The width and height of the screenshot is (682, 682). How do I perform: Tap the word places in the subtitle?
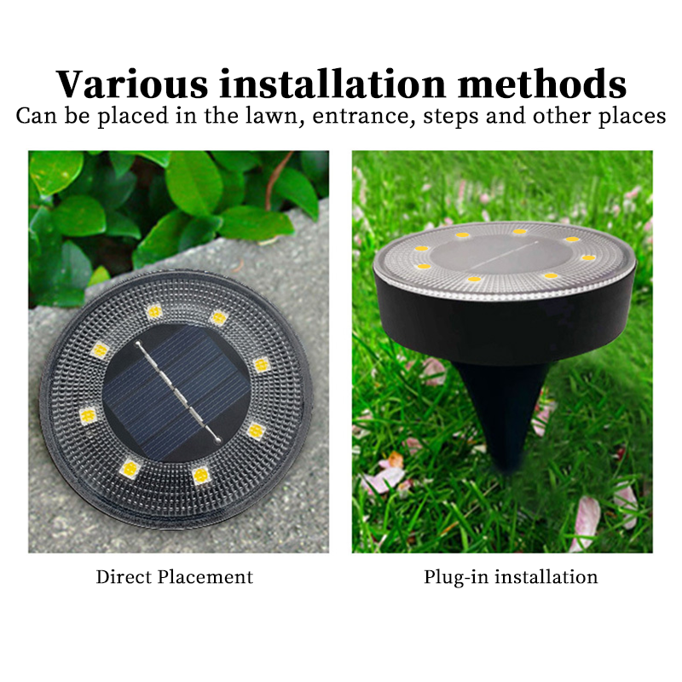pos(630,118)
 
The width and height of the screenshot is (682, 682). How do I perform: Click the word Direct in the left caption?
pos(123,577)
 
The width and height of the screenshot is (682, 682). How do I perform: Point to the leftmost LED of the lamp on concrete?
pos(88,416)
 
